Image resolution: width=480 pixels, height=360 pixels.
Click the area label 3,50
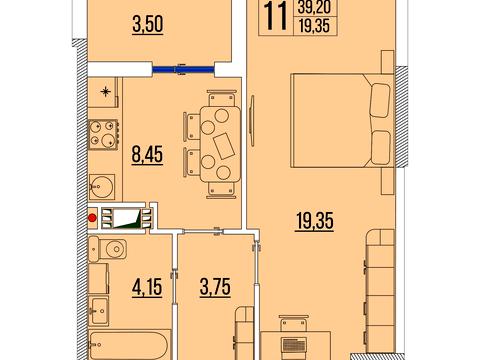(x=148, y=25)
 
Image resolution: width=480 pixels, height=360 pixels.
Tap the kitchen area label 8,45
(x=147, y=155)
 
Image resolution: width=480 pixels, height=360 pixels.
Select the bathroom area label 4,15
(x=147, y=287)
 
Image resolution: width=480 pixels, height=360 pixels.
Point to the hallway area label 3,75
(x=215, y=287)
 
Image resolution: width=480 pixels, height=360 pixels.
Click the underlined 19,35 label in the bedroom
(x=315, y=221)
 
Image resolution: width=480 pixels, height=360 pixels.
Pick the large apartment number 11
(x=275, y=16)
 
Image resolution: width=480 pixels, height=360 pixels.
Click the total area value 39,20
(x=314, y=7)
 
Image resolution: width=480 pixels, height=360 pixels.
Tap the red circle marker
(x=92, y=218)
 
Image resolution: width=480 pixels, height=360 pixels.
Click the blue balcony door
(x=183, y=70)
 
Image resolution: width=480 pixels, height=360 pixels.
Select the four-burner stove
(x=103, y=135)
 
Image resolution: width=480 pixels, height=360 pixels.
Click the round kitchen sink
(x=102, y=187)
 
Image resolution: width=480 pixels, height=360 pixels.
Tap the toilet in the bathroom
(x=108, y=249)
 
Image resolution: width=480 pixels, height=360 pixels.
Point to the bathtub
(x=129, y=346)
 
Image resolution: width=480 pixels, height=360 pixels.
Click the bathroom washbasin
(x=99, y=310)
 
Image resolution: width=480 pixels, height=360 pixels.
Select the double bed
(x=342, y=120)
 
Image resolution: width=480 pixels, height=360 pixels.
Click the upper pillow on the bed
(x=380, y=100)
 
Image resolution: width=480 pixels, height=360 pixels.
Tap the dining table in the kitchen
(x=220, y=144)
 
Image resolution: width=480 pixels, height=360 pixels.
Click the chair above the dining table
(x=221, y=98)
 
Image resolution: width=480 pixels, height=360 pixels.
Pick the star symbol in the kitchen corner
(x=105, y=91)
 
